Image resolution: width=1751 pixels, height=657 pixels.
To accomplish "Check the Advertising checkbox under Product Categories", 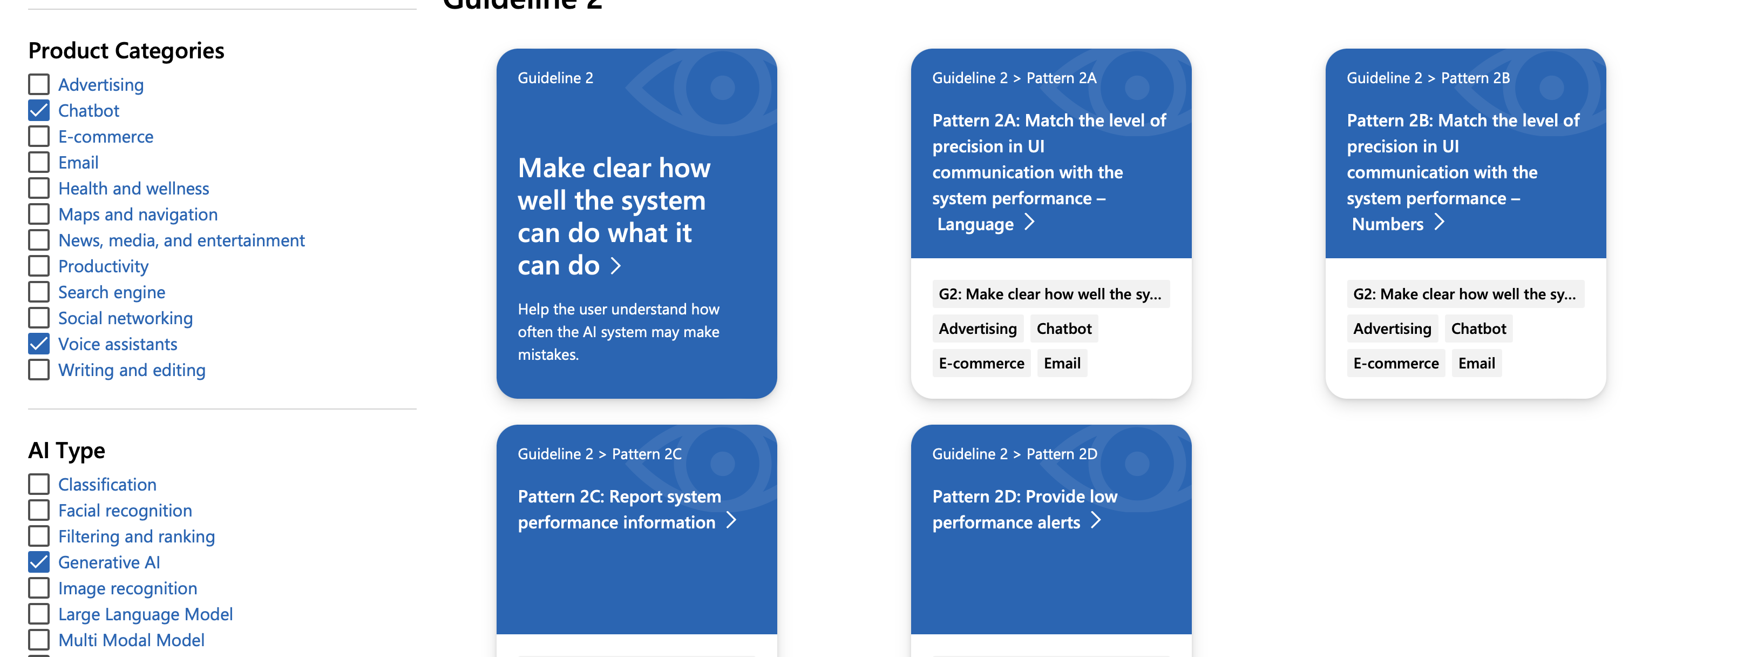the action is tap(39, 84).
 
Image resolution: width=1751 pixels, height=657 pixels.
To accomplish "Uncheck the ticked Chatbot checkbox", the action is tap(39, 110).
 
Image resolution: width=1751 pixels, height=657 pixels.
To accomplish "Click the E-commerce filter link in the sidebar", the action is tap(105, 137).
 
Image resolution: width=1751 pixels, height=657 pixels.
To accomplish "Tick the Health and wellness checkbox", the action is tap(39, 189).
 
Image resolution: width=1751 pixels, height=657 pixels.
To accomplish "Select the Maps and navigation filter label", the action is tap(138, 214).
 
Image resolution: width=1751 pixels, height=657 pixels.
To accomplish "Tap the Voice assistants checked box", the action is tap(39, 344).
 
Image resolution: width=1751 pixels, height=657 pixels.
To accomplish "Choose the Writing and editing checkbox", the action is tap(39, 370).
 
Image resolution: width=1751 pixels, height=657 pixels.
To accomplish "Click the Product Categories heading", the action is tap(126, 51).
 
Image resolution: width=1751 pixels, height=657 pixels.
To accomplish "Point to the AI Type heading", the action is tap(66, 450).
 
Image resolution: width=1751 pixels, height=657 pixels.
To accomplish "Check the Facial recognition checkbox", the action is tap(39, 510).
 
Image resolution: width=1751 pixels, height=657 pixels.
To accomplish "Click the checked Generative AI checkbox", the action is tap(39, 562).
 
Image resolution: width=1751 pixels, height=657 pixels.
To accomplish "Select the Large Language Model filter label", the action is tap(145, 614).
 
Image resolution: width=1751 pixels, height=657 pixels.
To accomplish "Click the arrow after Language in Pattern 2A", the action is tap(1030, 223).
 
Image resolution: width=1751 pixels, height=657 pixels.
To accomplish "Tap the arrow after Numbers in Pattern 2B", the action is tap(1439, 223).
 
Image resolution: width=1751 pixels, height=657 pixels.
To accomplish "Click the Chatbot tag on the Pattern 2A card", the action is tap(1064, 328).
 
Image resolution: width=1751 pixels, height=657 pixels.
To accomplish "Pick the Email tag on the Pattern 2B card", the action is tap(1476, 363).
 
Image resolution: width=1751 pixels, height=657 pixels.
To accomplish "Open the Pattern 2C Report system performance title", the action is tap(619, 509).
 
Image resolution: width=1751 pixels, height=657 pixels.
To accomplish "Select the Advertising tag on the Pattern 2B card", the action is tap(1392, 328).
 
